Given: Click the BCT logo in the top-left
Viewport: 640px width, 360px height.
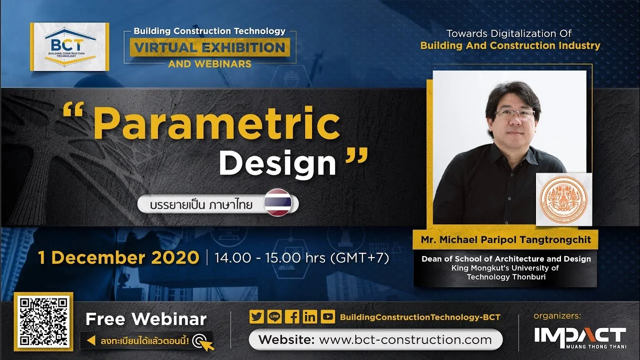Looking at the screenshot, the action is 69,46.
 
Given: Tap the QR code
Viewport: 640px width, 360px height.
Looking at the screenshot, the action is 43,321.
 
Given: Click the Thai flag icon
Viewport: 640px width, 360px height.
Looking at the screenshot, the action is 277,202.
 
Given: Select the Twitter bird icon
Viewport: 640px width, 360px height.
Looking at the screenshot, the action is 256,316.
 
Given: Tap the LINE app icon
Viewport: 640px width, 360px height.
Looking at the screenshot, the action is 274,316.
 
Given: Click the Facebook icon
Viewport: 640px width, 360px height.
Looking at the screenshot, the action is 292,316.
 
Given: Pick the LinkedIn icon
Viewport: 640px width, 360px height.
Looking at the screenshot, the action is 310,316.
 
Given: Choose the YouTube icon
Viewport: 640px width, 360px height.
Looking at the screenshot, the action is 327,316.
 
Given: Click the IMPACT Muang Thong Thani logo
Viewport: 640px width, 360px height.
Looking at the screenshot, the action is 580,338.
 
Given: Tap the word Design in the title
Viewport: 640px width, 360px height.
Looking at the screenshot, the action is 277,163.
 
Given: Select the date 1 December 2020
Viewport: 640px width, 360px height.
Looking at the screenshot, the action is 118,257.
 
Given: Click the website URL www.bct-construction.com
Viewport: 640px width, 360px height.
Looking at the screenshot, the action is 405,339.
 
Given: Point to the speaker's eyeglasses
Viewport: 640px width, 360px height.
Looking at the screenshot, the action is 515,113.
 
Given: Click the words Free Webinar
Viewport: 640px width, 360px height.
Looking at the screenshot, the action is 146,319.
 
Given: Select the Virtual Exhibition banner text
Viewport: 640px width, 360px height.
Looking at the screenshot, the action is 210,47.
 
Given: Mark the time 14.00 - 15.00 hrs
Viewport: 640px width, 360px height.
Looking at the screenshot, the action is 269,258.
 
